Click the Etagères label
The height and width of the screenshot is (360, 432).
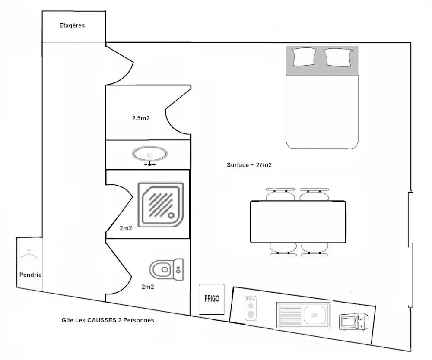[x=72, y=25]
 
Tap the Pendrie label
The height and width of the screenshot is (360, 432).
[x=30, y=275]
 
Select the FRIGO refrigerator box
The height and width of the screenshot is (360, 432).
[x=212, y=299]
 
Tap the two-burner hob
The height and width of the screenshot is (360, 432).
[x=250, y=307]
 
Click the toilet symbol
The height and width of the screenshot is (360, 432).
[x=166, y=269]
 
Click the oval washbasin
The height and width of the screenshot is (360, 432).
[x=150, y=154]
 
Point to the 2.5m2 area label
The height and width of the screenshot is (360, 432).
[x=141, y=118]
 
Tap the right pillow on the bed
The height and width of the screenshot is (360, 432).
[x=338, y=57]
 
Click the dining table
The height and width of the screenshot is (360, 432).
[x=298, y=221]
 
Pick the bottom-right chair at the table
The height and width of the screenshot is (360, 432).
[x=315, y=249]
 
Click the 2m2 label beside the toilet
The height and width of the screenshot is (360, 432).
[x=148, y=286]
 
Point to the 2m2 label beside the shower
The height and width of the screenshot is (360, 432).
[x=126, y=228]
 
